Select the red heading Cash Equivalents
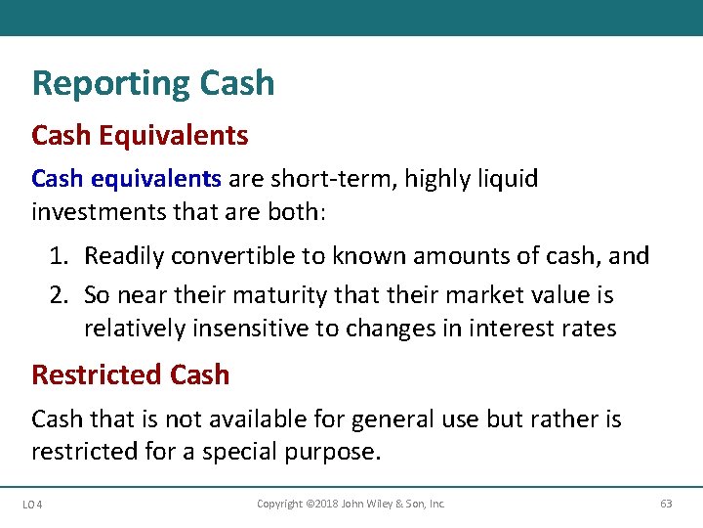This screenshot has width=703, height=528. click(140, 135)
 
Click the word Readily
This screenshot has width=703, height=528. click(122, 256)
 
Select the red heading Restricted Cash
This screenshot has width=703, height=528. click(131, 374)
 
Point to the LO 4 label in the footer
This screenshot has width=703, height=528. click(30, 505)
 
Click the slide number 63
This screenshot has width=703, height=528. click(666, 505)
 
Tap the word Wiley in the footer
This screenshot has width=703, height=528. click(382, 504)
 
